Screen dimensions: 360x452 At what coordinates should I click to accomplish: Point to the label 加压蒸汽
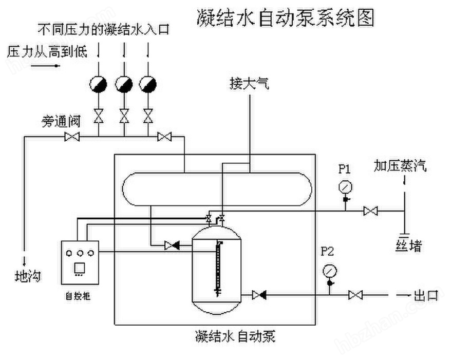point(400,166)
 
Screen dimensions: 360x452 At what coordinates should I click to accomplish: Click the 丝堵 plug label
point(409,247)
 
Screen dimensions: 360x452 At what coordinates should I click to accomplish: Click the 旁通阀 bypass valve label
point(61,122)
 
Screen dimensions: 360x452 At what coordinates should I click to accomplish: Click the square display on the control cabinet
point(79,268)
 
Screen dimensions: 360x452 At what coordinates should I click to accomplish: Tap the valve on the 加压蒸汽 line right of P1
point(370,211)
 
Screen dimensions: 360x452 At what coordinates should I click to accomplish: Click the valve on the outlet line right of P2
point(355,295)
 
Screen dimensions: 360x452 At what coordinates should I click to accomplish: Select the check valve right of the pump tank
point(258,295)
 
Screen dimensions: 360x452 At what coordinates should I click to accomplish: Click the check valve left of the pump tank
point(172,245)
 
